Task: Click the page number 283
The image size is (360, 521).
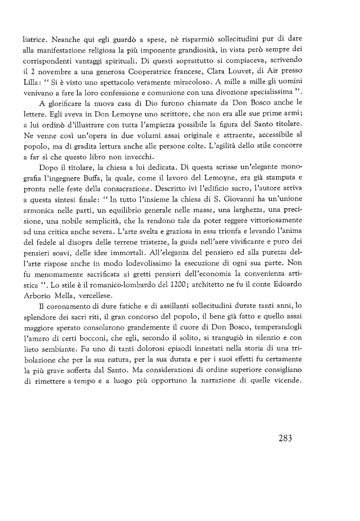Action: pos(285,438)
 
